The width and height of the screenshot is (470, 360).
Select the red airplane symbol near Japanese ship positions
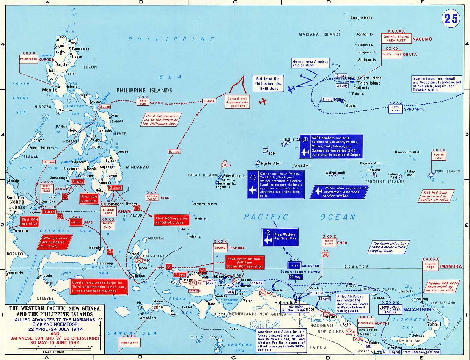[263, 101]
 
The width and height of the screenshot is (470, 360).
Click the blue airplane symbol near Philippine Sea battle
[291, 89]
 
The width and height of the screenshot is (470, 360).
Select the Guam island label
[351, 106]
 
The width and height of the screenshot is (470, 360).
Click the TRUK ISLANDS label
[447, 171]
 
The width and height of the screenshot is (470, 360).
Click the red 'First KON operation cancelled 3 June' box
[171, 221]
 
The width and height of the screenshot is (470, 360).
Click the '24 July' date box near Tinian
[342, 86]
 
